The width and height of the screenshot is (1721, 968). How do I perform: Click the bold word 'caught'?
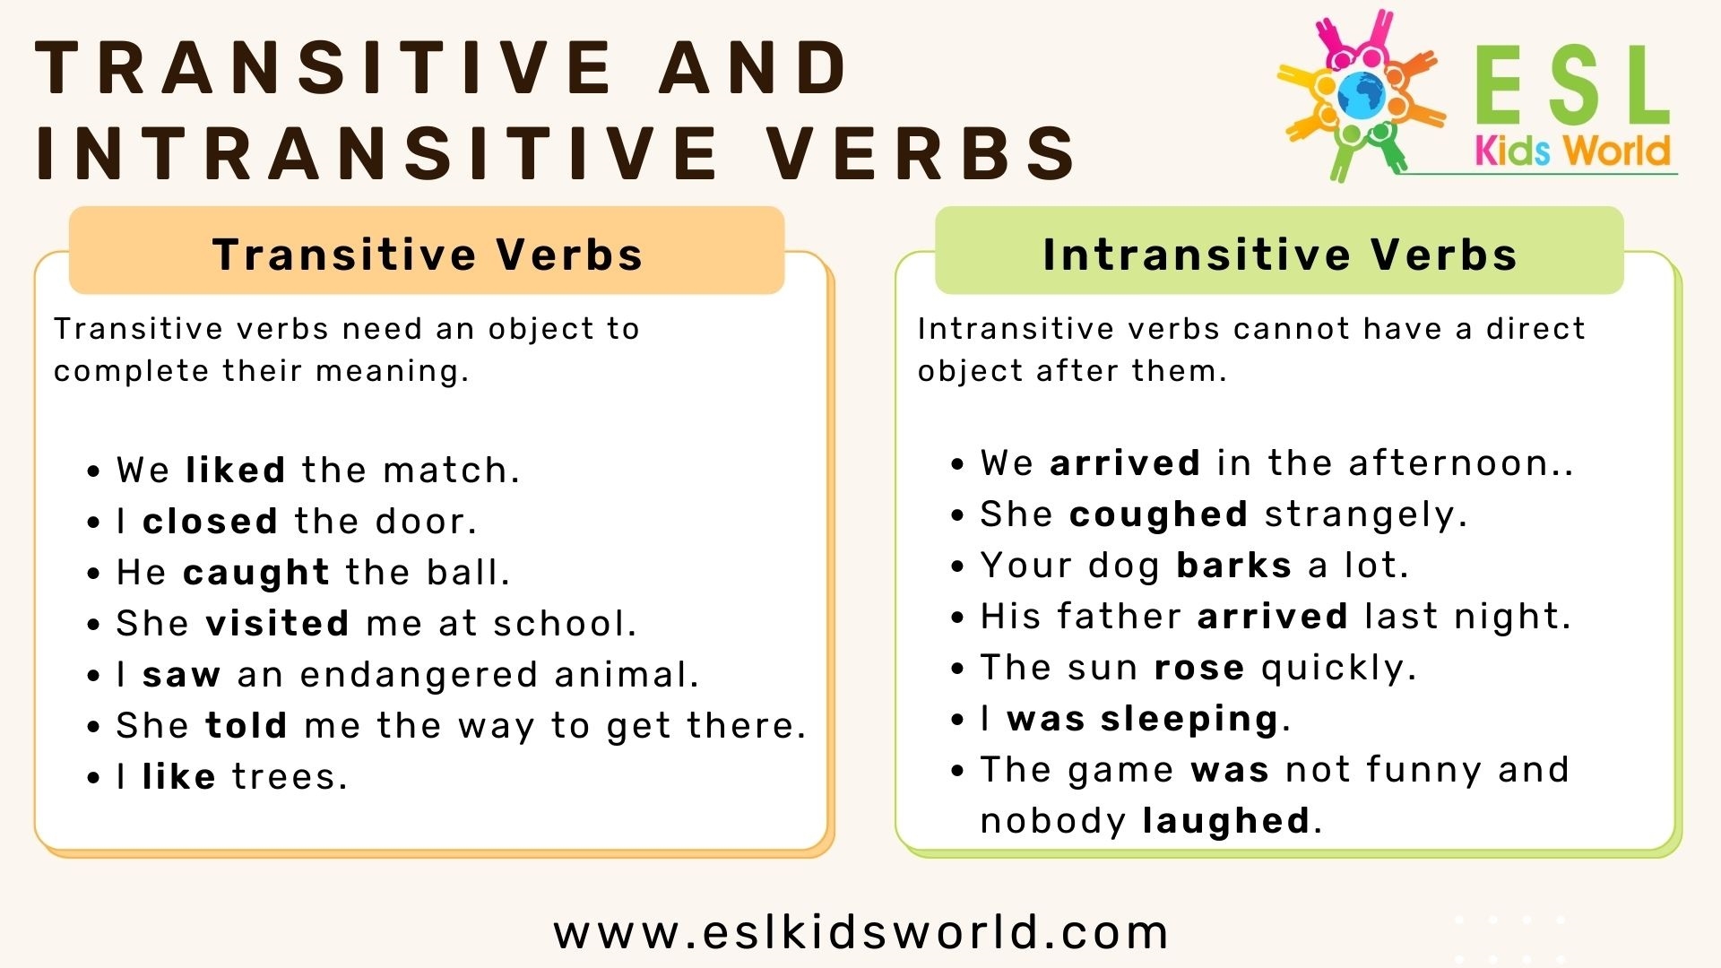pos(256,573)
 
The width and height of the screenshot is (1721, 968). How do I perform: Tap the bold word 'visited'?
pos(277,624)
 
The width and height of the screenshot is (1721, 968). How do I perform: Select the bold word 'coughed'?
pos(1158,514)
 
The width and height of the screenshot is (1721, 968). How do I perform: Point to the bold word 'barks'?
pos(1233,566)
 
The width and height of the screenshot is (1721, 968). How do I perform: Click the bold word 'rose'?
pos(1198,668)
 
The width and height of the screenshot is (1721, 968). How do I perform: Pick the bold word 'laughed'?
pos(1225,821)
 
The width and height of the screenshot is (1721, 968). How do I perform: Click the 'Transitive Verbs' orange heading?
pos(428,254)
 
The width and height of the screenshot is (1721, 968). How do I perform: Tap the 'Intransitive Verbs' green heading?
pos(1279,254)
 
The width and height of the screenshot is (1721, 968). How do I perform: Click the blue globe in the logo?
pos(1360,94)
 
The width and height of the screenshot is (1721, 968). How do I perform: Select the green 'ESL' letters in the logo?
pos(1570,88)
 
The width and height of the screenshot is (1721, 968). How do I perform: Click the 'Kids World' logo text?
pos(1572,151)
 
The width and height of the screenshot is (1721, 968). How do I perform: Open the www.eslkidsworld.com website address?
pos(860,932)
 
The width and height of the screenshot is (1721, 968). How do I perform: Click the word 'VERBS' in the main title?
pos(923,152)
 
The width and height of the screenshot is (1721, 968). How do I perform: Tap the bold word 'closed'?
pos(210,522)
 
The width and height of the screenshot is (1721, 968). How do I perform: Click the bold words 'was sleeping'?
pos(1142,719)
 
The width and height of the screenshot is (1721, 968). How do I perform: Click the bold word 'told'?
pos(246,726)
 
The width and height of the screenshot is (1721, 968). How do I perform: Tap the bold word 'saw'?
pos(181,675)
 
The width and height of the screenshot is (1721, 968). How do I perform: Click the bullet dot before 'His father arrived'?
pos(957,618)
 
